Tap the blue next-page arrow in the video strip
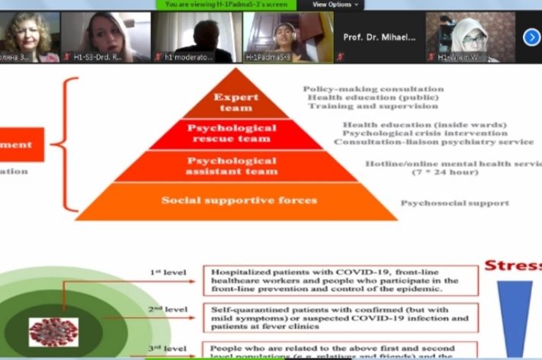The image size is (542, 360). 531,37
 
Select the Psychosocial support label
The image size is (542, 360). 454,204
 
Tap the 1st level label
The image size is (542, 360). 167,272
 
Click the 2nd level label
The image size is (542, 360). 167,310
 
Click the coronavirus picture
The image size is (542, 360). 53,333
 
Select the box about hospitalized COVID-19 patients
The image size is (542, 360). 340,280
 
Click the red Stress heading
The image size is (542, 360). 513,266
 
